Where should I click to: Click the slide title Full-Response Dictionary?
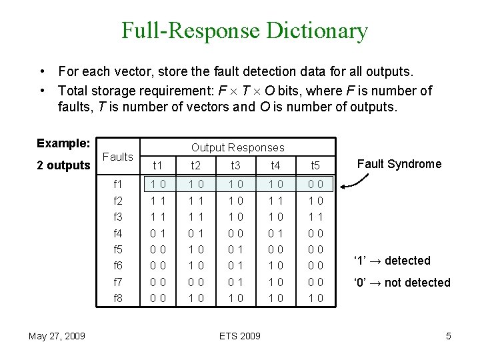[244, 31]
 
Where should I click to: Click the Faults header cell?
[119, 157]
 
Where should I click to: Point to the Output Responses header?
[237, 147]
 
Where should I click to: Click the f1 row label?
[118, 184]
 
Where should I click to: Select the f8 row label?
[118, 299]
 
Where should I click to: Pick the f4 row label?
[118, 233]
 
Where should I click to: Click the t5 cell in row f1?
[317, 184]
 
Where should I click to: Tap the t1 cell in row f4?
[158, 233]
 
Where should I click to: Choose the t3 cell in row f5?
[235, 249]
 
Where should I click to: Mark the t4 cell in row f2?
[275, 200]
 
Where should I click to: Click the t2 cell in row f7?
[196, 282]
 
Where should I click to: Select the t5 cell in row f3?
[317, 217]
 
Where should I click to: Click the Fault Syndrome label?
[399, 164]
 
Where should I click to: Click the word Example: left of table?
[63, 143]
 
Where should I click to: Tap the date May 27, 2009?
[57, 336]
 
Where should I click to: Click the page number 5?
[449, 336]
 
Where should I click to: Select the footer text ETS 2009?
[240, 336]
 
